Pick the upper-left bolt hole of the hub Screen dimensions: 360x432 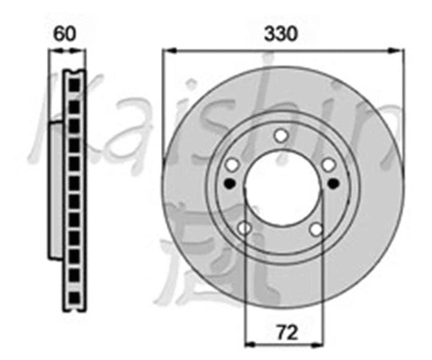[231, 165]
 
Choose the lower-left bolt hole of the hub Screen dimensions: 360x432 [244, 229]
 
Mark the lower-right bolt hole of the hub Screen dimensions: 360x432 [316, 229]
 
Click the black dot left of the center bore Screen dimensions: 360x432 [229, 184]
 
